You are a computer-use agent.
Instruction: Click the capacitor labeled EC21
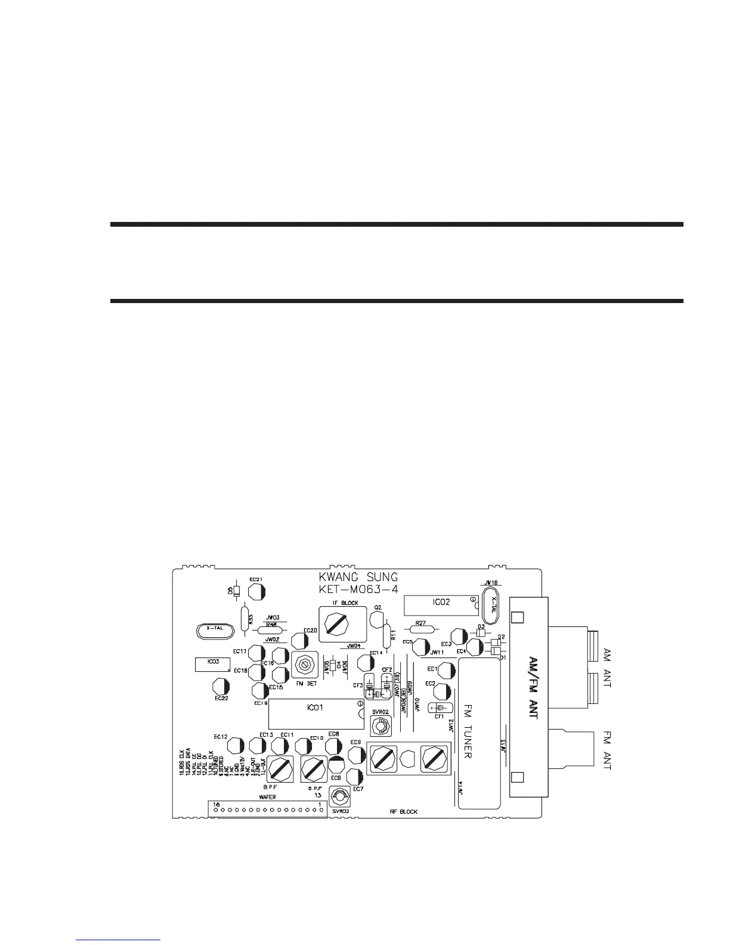[x=256, y=592]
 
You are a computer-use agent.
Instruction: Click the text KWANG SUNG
[x=358, y=577]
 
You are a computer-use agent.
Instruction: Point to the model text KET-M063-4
[x=358, y=589]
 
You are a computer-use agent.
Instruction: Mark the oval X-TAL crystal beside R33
[x=213, y=629]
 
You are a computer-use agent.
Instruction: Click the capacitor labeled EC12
[x=234, y=746]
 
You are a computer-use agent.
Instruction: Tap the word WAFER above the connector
[x=267, y=796]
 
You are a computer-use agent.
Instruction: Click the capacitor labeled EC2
[x=443, y=692]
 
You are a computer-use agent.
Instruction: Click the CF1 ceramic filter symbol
[x=439, y=708]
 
